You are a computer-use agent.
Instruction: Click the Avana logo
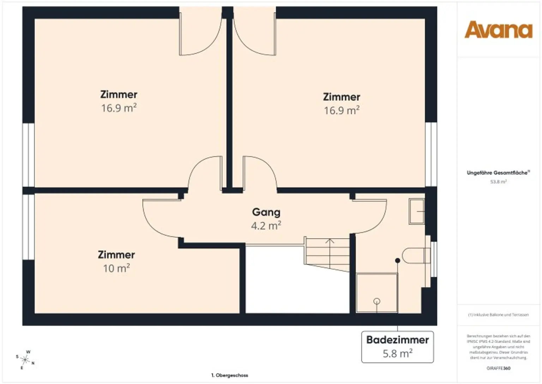point(498,30)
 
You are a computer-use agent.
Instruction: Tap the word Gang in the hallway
point(266,212)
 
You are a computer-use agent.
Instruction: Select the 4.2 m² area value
point(266,226)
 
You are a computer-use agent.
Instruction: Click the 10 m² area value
point(116,268)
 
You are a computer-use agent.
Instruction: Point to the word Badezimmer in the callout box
point(397,340)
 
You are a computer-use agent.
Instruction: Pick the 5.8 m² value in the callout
point(397,354)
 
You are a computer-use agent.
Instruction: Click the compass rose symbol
point(25,360)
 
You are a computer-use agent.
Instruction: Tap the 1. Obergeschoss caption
point(230,375)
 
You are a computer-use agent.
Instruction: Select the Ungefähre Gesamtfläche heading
point(498,173)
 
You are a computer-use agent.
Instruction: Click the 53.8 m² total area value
point(498,182)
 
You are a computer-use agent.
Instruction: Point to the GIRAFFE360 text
point(498,368)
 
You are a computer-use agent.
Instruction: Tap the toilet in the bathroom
point(416,255)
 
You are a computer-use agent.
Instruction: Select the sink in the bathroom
point(416,211)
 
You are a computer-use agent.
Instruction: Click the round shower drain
point(377,301)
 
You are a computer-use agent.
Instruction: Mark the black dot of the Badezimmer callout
point(398,261)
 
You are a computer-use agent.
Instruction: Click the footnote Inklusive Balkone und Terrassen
point(498,315)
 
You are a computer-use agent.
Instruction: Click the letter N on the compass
point(33,363)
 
